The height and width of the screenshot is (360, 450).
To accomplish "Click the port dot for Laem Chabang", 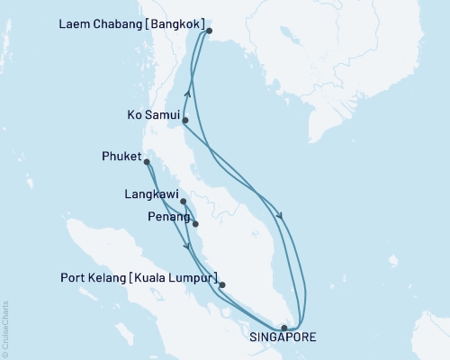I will (x=209, y=31).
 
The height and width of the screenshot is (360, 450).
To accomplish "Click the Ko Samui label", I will (x=151, y=116).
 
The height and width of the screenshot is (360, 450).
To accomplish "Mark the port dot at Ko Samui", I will (x=184, y=120).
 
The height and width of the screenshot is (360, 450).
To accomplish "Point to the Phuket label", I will (x=121, y=158).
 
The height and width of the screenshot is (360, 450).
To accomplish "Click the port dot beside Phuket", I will (x=147, y=163).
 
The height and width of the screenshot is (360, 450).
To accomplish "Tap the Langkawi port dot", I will (x=183, y=202).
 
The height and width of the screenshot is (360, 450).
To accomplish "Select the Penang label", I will (x=166, y=217).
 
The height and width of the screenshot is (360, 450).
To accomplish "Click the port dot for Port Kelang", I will (x=222, y=285).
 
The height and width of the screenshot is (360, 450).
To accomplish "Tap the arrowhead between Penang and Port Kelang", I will (x=187, y=247).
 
